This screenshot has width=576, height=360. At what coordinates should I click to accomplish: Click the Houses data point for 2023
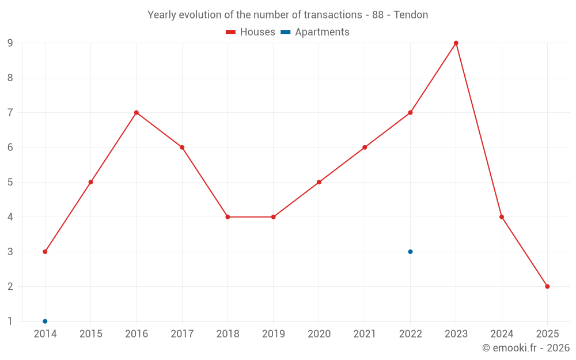456,43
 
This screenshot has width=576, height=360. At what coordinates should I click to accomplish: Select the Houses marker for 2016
137,113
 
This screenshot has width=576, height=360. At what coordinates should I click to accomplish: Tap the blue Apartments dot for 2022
410,252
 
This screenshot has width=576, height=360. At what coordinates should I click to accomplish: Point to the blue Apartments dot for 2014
45,321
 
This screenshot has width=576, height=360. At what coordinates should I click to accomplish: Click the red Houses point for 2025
547,286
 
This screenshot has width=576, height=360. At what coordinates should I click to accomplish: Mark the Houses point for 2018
228,217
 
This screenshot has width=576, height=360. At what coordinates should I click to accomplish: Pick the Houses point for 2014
45,252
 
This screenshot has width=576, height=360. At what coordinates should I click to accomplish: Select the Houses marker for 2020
319,182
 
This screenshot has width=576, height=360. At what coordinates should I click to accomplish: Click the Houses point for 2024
502,217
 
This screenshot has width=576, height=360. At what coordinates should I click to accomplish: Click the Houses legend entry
251,32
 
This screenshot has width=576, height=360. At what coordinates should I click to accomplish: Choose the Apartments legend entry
315,32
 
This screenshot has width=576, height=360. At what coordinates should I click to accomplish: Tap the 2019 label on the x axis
273,334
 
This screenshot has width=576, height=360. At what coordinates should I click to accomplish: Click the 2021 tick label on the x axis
365,334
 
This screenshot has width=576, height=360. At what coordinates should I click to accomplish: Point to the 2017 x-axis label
182,334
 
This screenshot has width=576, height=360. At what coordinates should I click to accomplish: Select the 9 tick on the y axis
10,43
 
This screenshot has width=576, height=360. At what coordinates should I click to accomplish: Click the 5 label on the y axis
10,182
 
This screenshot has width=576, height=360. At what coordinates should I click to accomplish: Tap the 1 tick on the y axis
10,321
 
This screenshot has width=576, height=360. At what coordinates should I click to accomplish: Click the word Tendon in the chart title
411,15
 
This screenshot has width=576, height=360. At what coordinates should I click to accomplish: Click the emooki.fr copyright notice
526,348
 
